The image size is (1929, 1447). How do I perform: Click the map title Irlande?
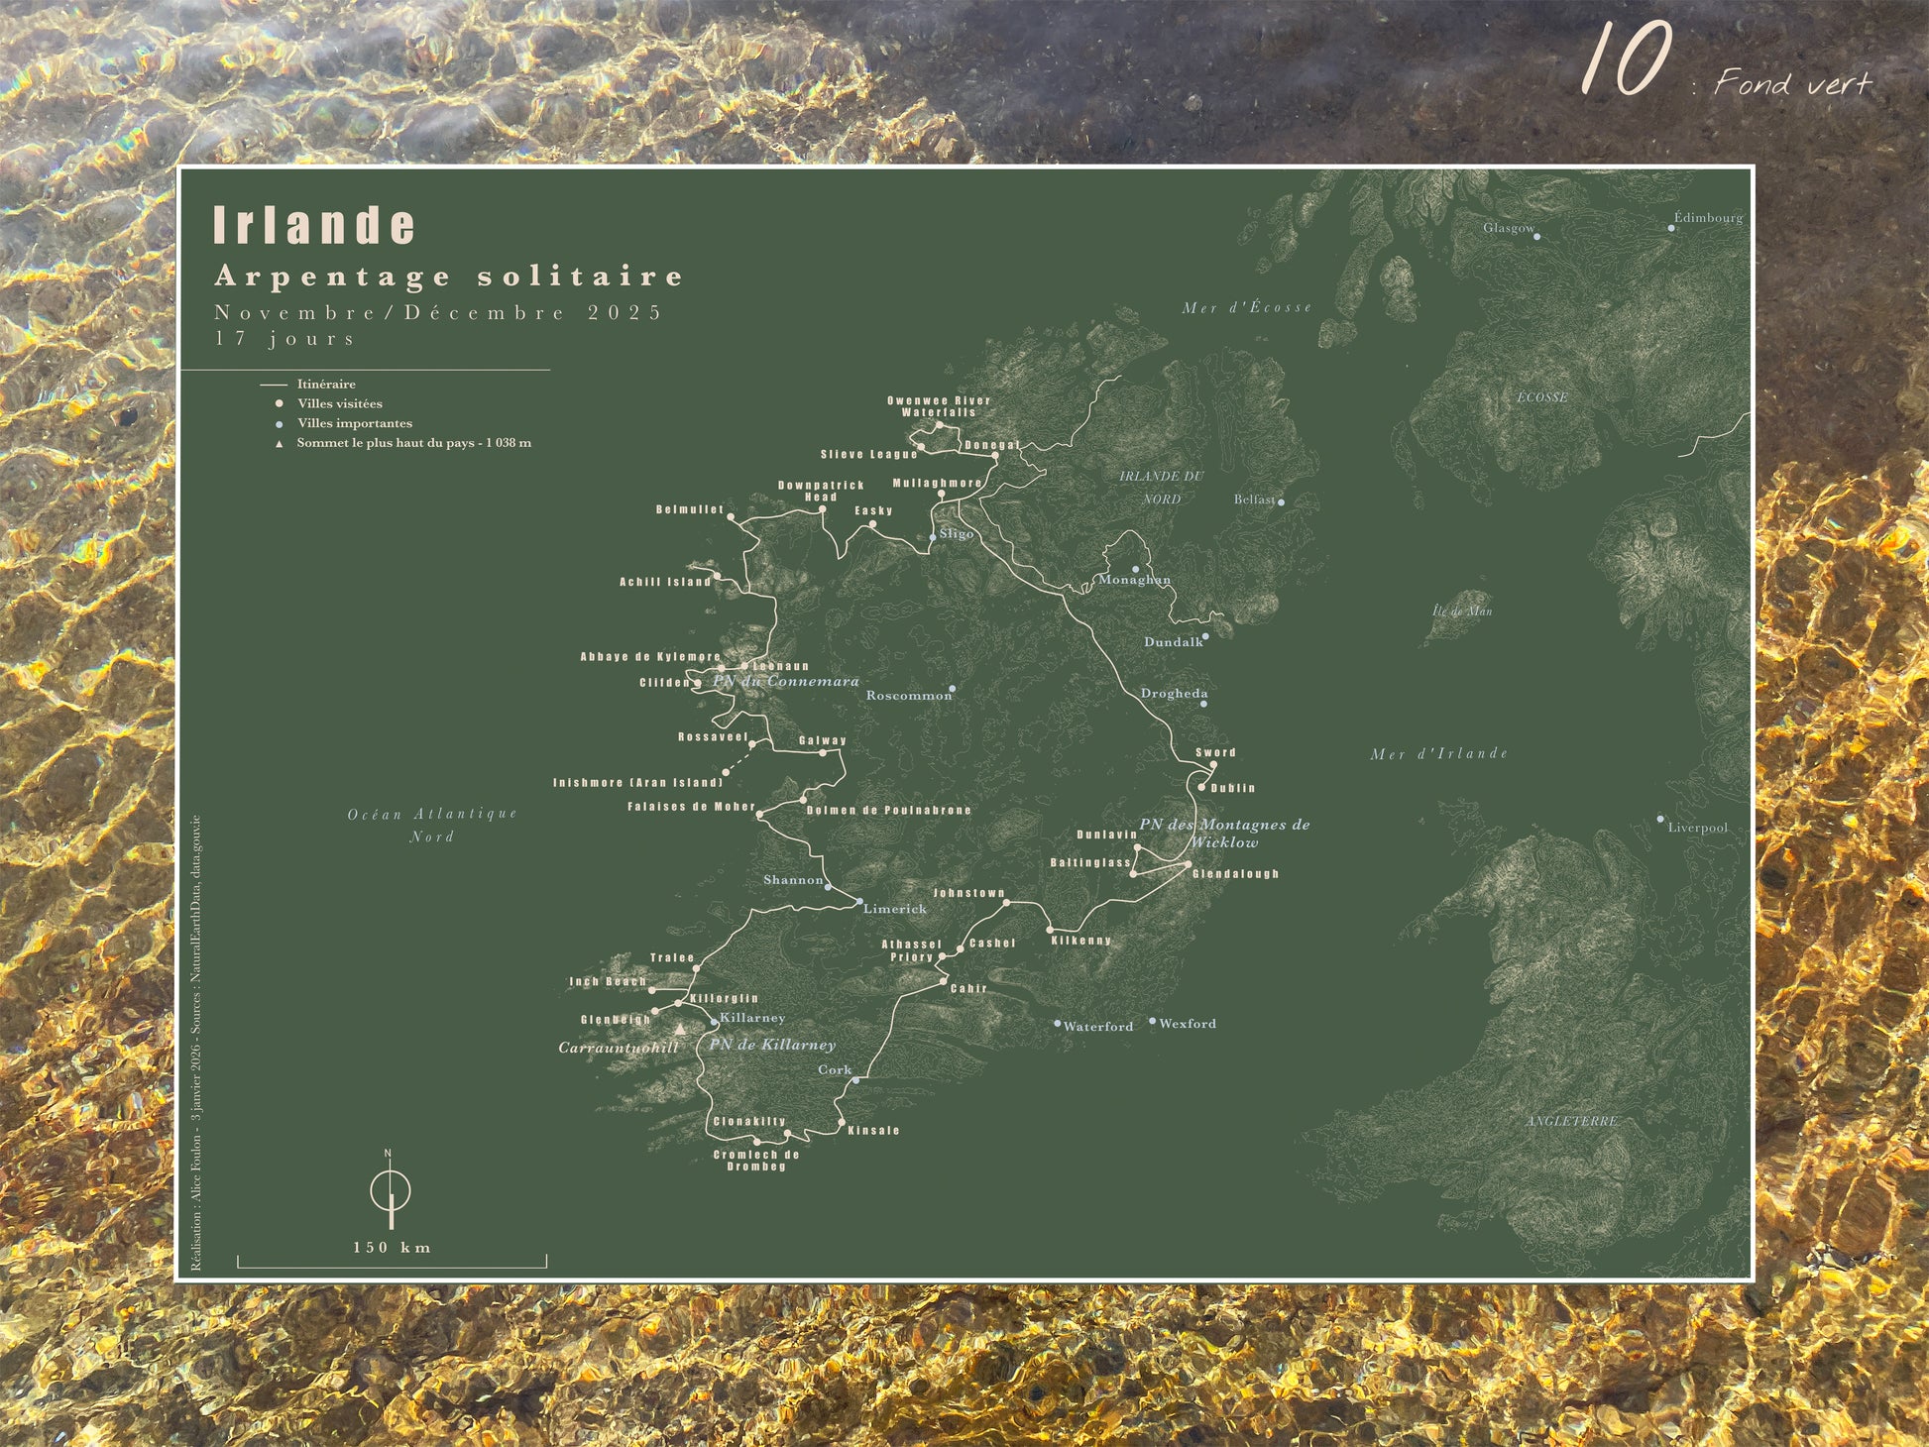[314, 226]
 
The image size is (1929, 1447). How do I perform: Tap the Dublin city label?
[1232, 788]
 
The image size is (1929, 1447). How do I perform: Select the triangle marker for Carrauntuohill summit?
[680, 1031]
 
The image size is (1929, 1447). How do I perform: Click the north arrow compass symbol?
[391, 1188]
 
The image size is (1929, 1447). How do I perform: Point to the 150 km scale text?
[393, 1247]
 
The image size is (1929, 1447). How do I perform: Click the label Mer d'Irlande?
[1438, 754]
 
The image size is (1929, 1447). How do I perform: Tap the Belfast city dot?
[1281, 502]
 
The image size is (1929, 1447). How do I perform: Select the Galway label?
[823, 740]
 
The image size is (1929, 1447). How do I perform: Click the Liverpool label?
[1697, 828]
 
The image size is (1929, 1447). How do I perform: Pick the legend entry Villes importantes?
[354, 423]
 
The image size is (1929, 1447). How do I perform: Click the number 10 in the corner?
[1627, 61]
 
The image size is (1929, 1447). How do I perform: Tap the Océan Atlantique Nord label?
[432, 825]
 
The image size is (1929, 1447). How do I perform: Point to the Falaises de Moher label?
[691, 807]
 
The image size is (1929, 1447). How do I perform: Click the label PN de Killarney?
[771, 1045]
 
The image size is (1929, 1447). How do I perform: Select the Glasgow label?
[1508, 228]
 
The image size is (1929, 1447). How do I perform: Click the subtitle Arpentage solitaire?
[449, 277]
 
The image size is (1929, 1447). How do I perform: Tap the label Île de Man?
[1462, 612]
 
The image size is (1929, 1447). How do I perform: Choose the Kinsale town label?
[873, 1130]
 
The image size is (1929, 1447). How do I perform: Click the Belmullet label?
[689, 509]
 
